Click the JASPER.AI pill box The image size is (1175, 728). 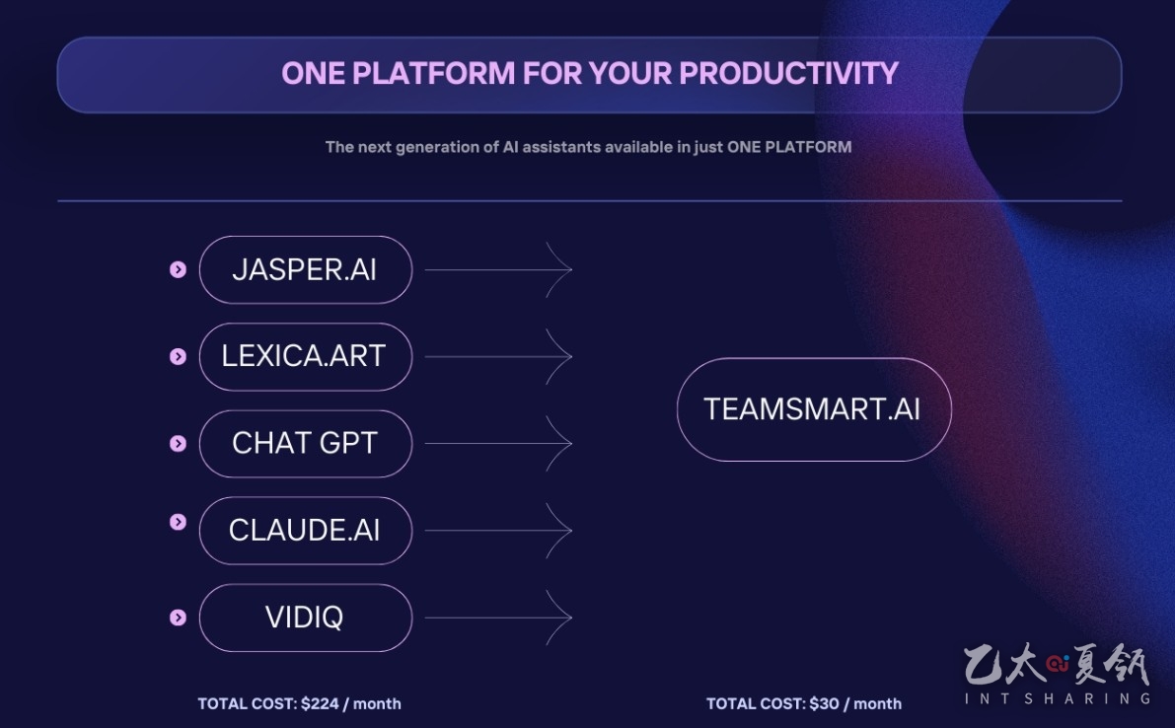[306, 269]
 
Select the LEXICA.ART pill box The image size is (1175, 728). [306, 356]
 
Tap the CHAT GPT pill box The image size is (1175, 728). [306, 443]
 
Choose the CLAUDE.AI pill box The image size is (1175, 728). [306, 531]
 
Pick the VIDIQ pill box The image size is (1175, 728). [306, 618]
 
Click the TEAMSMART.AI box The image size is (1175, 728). [814, 409]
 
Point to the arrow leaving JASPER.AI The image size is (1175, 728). [498, 269]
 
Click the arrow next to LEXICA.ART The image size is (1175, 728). [498, 356]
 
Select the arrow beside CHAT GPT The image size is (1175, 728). [498, 443]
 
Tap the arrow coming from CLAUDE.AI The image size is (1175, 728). [498, 531]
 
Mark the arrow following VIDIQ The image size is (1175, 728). [498, 618]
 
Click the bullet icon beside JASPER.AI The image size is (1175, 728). [178, 269]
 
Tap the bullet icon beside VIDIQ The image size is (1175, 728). [178, 618]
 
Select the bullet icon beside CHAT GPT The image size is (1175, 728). [178, 443]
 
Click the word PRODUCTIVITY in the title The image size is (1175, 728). [788, 73]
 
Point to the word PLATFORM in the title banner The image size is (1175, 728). [434, 73]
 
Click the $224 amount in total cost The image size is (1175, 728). [320, 704]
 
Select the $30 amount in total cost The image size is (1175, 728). [825, 704]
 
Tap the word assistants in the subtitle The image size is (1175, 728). [561, 147]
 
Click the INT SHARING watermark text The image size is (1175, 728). [1058, 698]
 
